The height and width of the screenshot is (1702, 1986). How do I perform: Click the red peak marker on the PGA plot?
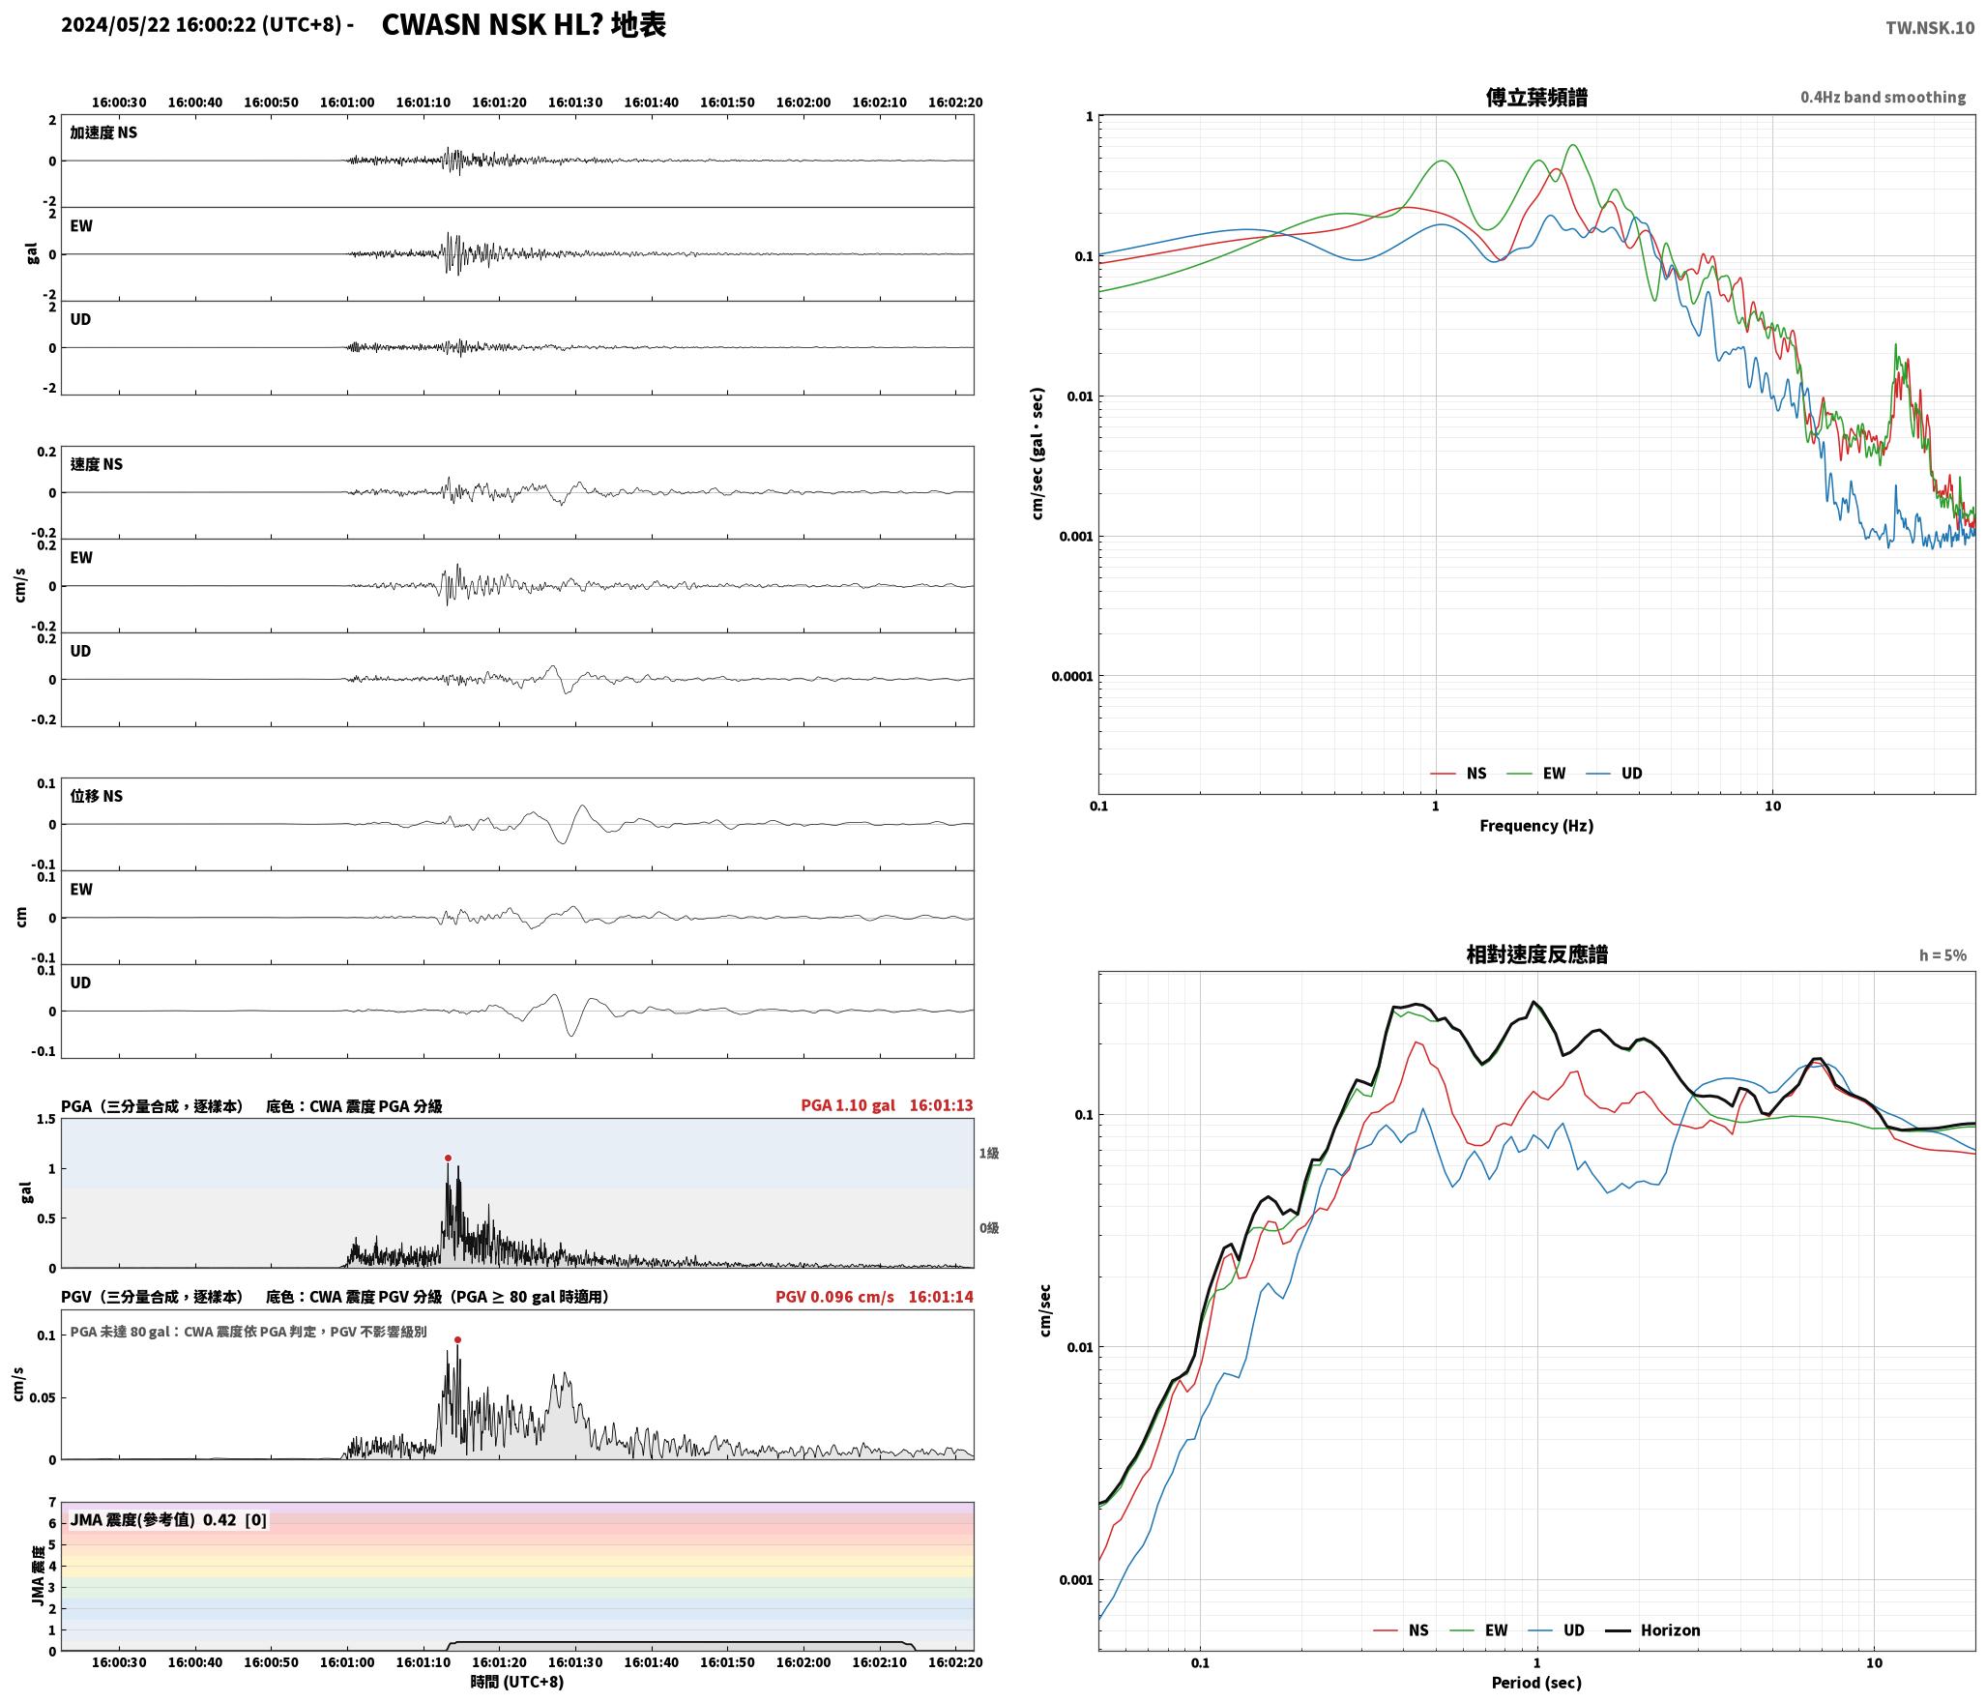pos(448,1158)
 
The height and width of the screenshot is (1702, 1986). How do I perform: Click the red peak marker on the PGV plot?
pos(457,1339)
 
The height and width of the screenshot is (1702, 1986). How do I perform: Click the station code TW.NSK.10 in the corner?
pos(1930,28)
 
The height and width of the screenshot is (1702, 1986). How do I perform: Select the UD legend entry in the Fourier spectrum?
pos(1620,773)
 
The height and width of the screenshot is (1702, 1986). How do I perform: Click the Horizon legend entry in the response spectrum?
pos(1653,1629)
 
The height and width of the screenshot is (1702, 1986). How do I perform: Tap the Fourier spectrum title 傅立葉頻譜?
pos(1536,97)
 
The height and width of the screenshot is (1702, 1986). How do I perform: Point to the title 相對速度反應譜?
pos(1536,954)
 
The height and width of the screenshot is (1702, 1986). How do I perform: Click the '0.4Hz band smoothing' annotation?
pos(1883,98)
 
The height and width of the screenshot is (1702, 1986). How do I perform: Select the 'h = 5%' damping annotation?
pos(1942,955)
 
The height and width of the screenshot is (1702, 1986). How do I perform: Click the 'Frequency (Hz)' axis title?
pos(1536,825)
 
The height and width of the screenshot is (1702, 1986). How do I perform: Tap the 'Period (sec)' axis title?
pos(1536,1682)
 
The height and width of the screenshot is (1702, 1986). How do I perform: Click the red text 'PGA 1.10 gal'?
pos(848,1104)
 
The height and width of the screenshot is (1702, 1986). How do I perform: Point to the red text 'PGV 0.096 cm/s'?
pos(834,1296)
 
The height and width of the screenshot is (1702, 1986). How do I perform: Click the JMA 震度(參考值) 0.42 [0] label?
pos(168,1519)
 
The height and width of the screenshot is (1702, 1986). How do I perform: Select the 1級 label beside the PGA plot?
pos(989,1153)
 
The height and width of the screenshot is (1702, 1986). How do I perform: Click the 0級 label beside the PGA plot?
pos(989,1227)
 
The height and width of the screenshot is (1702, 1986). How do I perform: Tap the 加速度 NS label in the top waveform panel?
pos(103,132)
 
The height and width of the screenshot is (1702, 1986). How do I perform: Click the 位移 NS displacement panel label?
pos(97,796)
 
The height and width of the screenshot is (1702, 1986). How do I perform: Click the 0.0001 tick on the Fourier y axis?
pos(1071,676)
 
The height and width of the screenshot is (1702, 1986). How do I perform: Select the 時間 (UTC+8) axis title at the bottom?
pos(517,1682)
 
